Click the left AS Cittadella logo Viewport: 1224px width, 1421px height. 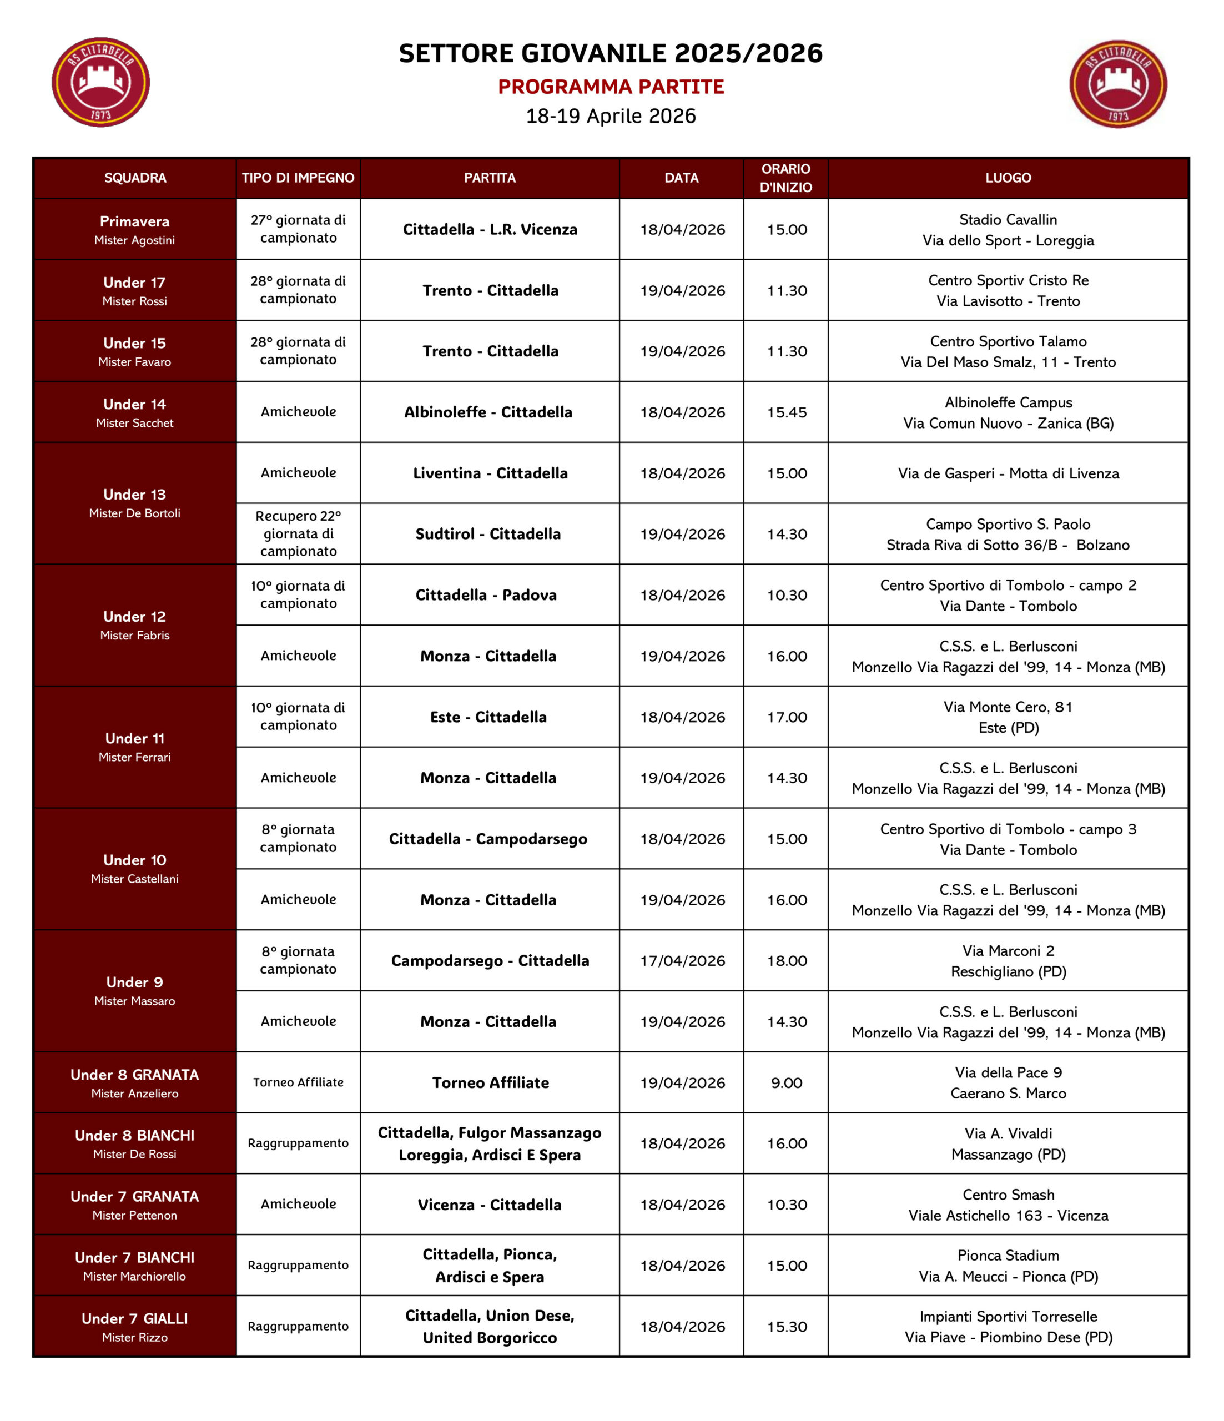[x=101, y=82]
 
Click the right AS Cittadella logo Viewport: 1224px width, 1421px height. [x=1118, y=84]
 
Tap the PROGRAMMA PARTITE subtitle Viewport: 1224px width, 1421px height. [x=611, y=87]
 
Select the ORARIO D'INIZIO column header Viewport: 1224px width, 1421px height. [x=786, y=178]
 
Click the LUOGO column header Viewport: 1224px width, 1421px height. [x=1008, y=178]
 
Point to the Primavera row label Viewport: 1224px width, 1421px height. [x=134, y=230]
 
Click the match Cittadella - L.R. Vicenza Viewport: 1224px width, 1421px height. [x=490, y=230]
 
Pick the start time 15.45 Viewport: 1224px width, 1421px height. [x=787, y=413]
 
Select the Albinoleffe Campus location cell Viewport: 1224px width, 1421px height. [x=1008, y=413]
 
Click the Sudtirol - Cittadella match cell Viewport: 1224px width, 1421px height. [x=488, y=534]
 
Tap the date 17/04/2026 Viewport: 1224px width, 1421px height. [x=682, y=961]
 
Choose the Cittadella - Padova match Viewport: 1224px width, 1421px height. [x=486, y=595]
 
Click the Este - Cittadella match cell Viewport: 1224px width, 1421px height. [x=488, y=717]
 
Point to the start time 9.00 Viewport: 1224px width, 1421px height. [x=787, y=1083]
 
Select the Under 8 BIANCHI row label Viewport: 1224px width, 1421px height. [x=134, y=1144]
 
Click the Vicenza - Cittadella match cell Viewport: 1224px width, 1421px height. [x=490, y=1205]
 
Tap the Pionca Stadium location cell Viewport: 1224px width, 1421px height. [x=1008, y=1266]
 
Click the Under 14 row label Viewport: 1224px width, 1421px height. [x=134, y=413]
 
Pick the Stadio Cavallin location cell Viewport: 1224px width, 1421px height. [x=1008, y=230]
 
